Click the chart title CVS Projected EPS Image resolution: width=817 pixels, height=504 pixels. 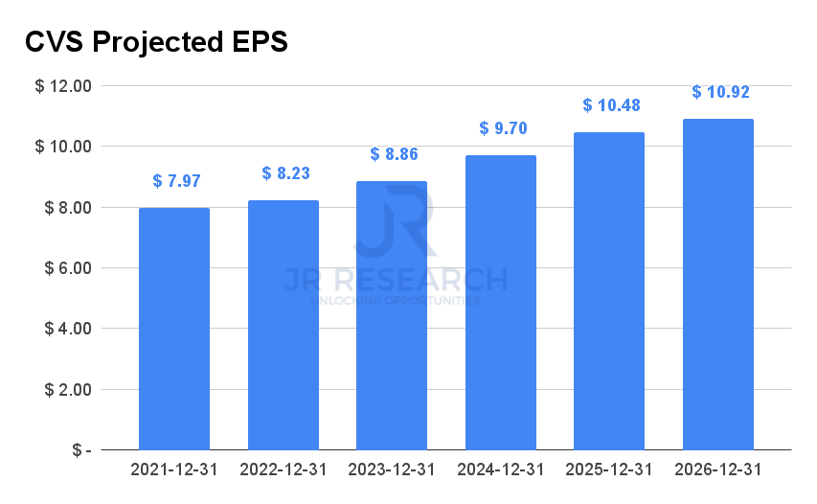[x=156, y=42]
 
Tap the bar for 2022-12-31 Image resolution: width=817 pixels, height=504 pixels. [x=284, y=325]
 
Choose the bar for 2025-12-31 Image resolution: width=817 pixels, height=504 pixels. [x=609, y=291]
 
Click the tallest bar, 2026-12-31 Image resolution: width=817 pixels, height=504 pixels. [x=718, y=285]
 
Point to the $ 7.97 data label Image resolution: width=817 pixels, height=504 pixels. [x=176, y=181]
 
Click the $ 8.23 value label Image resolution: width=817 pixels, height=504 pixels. [x=285, y=173]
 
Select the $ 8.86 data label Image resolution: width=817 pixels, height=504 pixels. [x=395, y=154]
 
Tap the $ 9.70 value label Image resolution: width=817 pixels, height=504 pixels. [x=503, y=128]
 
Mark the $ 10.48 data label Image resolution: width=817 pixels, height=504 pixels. [x=611, y=105]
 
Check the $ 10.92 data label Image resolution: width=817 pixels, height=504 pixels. [x=720, y=92]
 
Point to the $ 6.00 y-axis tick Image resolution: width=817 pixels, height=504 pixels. [x=63, y=268]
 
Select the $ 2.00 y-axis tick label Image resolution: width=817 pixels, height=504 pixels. [x=63, y=390]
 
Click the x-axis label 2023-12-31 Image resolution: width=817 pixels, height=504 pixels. [x=392, y=470]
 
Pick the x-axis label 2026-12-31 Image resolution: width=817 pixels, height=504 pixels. [x=718, y=470]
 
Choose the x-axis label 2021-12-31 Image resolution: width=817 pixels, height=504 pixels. [x=174, y=470]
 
